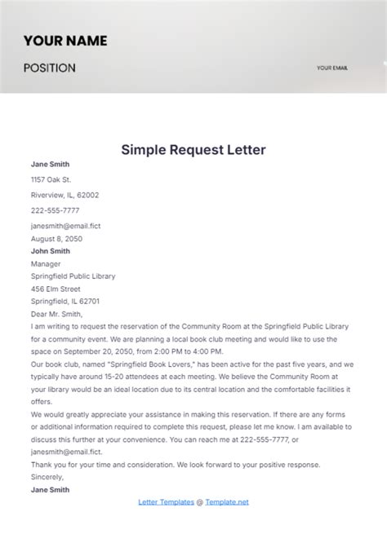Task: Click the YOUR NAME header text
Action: pos(64,40)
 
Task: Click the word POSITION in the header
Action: pos(49,68)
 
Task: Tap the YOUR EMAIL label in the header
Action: pos(331,68)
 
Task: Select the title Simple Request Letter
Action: pos(193,150)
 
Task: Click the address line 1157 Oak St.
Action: pos(51,179)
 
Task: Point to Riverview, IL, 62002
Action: pos(64,195)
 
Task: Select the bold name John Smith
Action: pos(50,251)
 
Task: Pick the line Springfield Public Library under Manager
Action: pos(73,276)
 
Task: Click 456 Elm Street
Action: pos(56,289)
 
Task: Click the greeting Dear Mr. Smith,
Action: pos(56,313)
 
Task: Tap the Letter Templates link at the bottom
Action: pos(167,502)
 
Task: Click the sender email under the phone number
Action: pos(65,225)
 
